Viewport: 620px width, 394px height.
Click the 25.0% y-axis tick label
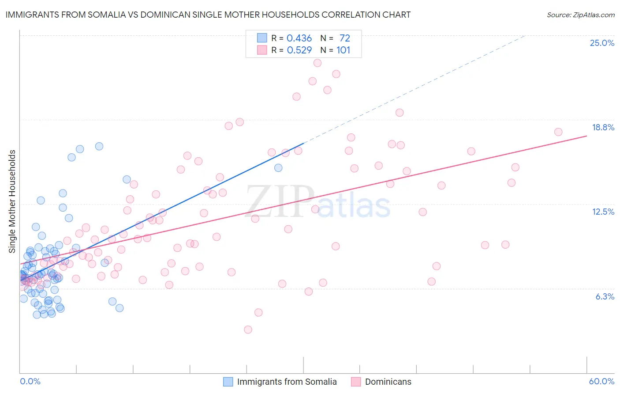tap(602, 43)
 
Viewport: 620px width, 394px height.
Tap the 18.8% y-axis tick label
tap(603, 127)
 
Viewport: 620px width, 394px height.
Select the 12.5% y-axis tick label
tap(603, 212)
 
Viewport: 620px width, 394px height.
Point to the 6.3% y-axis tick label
tap(605, 296)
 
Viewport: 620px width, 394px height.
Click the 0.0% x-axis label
tap(30, 381)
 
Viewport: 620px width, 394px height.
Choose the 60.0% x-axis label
tap(601, 381)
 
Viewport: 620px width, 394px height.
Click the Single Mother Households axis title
tap(12, 201)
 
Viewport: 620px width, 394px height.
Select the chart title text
tap(208, 15)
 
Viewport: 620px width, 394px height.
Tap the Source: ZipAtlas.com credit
tap(580, 15)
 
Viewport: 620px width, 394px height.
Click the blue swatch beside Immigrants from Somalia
tap(228, 382)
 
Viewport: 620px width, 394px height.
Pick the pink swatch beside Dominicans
tap(356, 382)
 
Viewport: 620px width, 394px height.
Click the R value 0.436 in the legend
tap(299, 38)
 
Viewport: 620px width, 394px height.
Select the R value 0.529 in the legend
tap(299, 50)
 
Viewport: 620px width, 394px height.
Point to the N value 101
tap(343, 50)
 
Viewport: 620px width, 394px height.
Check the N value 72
tap(344, 38)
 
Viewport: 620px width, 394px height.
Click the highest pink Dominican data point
tap(317, 63)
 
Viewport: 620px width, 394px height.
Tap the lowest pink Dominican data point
tap(248, 330)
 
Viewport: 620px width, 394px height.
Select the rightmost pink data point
tap(558, 132)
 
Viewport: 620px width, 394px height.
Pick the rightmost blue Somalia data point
tap(278, 168)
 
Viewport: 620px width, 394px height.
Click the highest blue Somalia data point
tap(99, 146)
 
